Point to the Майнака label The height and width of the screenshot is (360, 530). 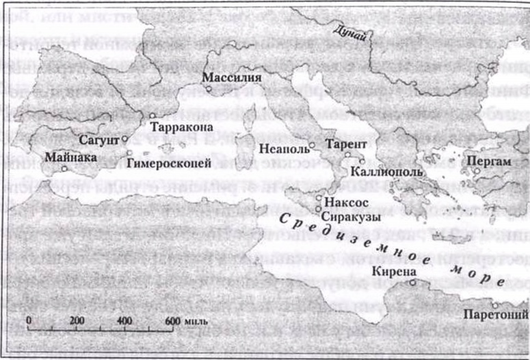(x=70, y=157)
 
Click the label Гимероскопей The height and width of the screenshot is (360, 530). (x=169, y=162)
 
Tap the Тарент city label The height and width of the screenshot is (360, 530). (x=347, y=144)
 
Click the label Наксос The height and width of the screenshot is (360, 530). (x=346, y=203)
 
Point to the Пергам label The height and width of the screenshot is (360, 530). (x=488, y=162)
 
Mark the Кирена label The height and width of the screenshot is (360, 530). (x=391, y=272)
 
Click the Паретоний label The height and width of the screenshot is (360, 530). (x=495, y=315)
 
